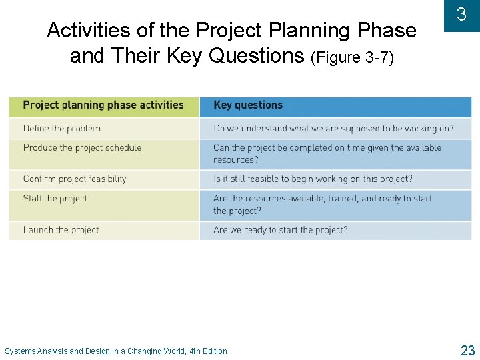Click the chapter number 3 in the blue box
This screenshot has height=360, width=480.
coord(461,15)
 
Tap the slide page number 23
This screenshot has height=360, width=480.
coord(467,350)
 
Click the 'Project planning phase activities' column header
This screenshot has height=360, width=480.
coord(103,105)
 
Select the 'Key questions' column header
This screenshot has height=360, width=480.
coord(248,105)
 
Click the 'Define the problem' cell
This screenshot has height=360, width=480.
coord(62,129)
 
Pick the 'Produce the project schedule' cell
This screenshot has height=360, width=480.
coord(82,148)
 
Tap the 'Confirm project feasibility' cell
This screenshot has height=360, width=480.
coord(75,179)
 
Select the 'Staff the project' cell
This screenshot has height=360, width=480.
coord(55,199)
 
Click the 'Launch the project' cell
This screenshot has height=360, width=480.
coord(61,230)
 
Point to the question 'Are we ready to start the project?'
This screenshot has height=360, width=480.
coord(280,230)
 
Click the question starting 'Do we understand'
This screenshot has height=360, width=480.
coord(333,129)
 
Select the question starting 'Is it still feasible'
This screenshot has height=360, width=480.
coord(313,179)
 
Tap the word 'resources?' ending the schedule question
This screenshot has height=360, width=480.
coord(235,160)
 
